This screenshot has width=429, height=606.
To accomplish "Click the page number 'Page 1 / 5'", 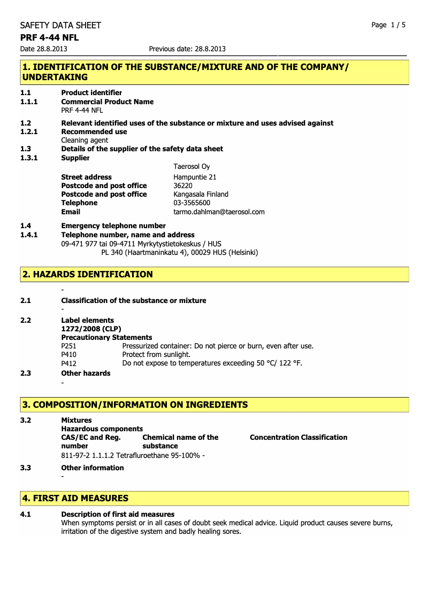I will pyautogui.click(x=388, y=25).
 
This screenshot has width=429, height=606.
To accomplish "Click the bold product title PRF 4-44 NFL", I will pyautogui.click(x=49, y=37).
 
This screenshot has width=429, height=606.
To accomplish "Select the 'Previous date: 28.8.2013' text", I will pyautogui.click(x=187, y=49).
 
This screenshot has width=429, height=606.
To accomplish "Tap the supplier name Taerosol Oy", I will pyautogui.click(x=191, y=167).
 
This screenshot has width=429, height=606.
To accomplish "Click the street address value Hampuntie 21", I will pyautogui.click(x=195, y=177).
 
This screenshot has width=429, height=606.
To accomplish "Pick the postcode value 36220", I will pyautogui.click(x=183, y=185).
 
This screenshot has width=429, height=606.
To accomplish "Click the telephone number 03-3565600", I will pyautogui.click(x=191, y=203).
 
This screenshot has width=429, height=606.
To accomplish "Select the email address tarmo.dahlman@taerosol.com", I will pyautogui.click(x=219, y=212).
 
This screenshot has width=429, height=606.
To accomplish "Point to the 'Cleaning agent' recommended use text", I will pyautogui.click(x=85, y=140).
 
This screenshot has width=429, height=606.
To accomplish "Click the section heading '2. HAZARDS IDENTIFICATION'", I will pyautogui.click(x=87, y=274).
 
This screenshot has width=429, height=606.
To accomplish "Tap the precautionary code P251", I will pyautogui.click(x=69, y=346).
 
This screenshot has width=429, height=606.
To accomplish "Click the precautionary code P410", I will pyautogui.click(x=69, y=354).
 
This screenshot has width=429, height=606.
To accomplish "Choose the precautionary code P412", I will pyautogui.click(x=69, y=363).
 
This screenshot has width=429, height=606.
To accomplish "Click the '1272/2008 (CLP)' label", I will pyautogui.click(x=91, y=329).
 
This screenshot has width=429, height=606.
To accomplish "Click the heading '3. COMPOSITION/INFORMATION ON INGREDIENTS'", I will pyautogui.click(x=135, y=405).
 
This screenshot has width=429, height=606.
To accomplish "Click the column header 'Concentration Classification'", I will pyautogui.click(x=298, y=437).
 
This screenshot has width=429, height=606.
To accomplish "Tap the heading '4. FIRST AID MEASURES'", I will pyautogui.click(x=75, y=498).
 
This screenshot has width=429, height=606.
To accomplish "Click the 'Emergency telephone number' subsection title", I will pyautogui.click(x=113, y=226).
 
